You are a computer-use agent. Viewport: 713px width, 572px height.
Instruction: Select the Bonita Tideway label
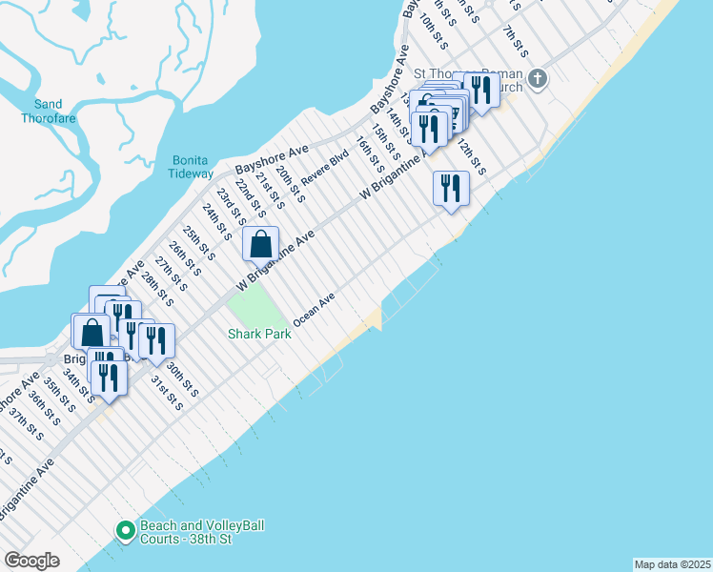[x=193, y=167]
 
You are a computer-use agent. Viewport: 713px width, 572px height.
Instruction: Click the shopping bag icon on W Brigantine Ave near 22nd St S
[x=260, y=244]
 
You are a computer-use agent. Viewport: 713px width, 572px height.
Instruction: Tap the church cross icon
[x=538, y=77]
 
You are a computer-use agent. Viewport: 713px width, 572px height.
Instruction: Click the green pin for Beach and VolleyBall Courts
[x=125, y=531]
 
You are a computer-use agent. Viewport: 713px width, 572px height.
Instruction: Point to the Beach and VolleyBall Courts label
[x=201, y=532]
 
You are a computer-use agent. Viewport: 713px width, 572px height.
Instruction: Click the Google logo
[x=31, y=561]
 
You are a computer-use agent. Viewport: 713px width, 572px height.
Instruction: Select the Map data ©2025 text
[x=671, y=563]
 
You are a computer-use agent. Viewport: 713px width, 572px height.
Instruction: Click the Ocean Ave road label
[x=315, y=311]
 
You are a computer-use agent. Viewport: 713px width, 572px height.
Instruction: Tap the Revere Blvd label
[x=325, y=168]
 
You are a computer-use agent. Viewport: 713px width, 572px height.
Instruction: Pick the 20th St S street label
[x=289, y=185]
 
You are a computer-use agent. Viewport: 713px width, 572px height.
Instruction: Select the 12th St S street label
[x=472, y=157]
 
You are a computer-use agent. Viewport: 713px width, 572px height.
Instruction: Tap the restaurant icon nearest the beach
[x=450, y=188]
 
